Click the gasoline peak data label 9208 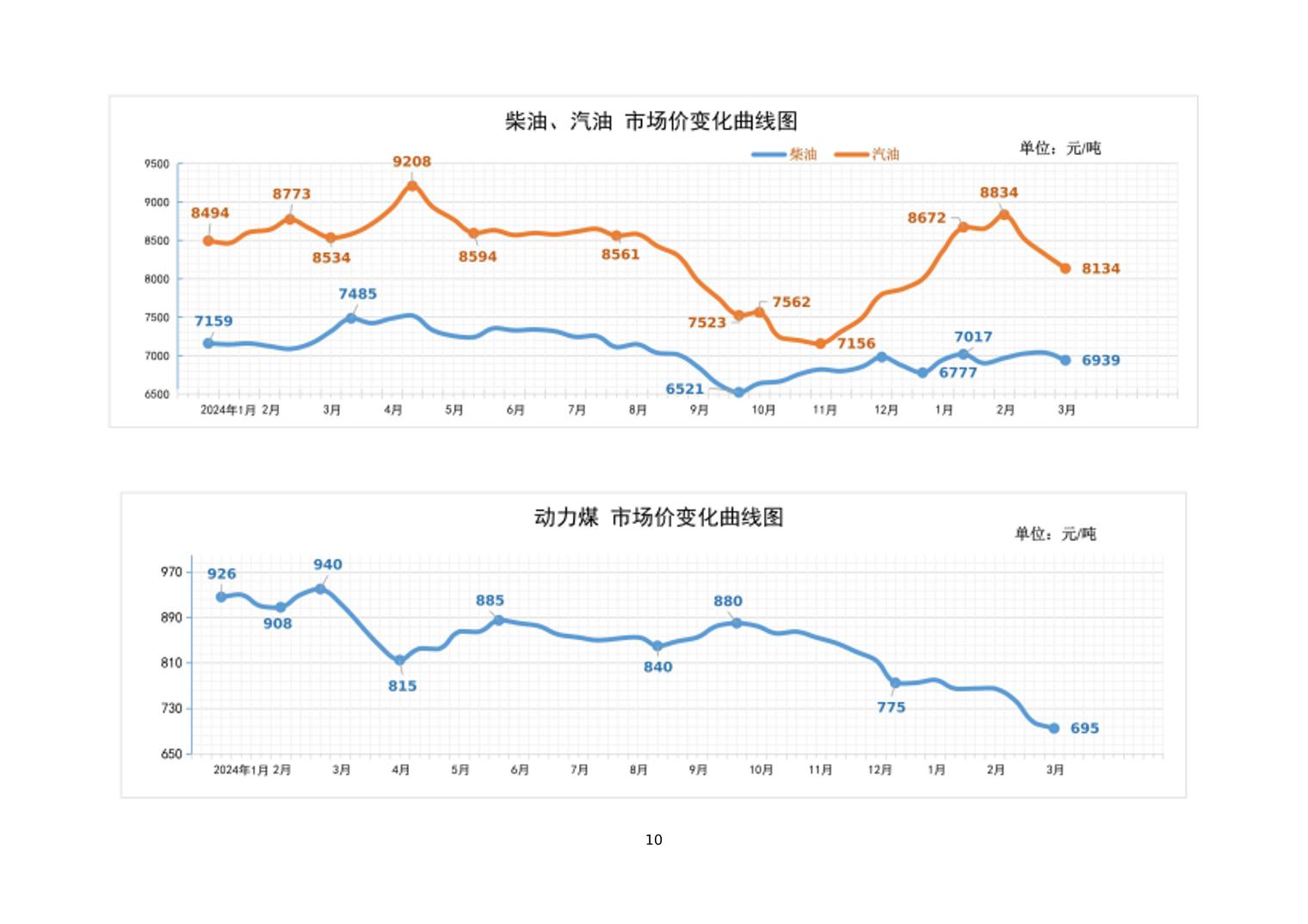pos(411,162)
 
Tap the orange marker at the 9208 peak pos(412,186)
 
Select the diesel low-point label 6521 pos(684,389)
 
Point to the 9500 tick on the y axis pos(157,163)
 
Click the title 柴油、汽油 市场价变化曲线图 pos(651,121)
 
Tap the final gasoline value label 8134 pos(1101,268)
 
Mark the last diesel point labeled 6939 pos(1065,360)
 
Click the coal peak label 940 pos(327,564)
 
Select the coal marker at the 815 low pos(399,661)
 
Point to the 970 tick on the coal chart pos(171,572)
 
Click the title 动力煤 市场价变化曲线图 pos(658,517)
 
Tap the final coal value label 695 pos(1084,728)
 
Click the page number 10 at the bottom pos(654,840)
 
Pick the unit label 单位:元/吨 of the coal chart pos(1055,534)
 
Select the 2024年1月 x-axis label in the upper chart pos(228,410)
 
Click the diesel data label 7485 pos(357,294)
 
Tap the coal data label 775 pos(891,707)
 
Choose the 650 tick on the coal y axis pos(171,754)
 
